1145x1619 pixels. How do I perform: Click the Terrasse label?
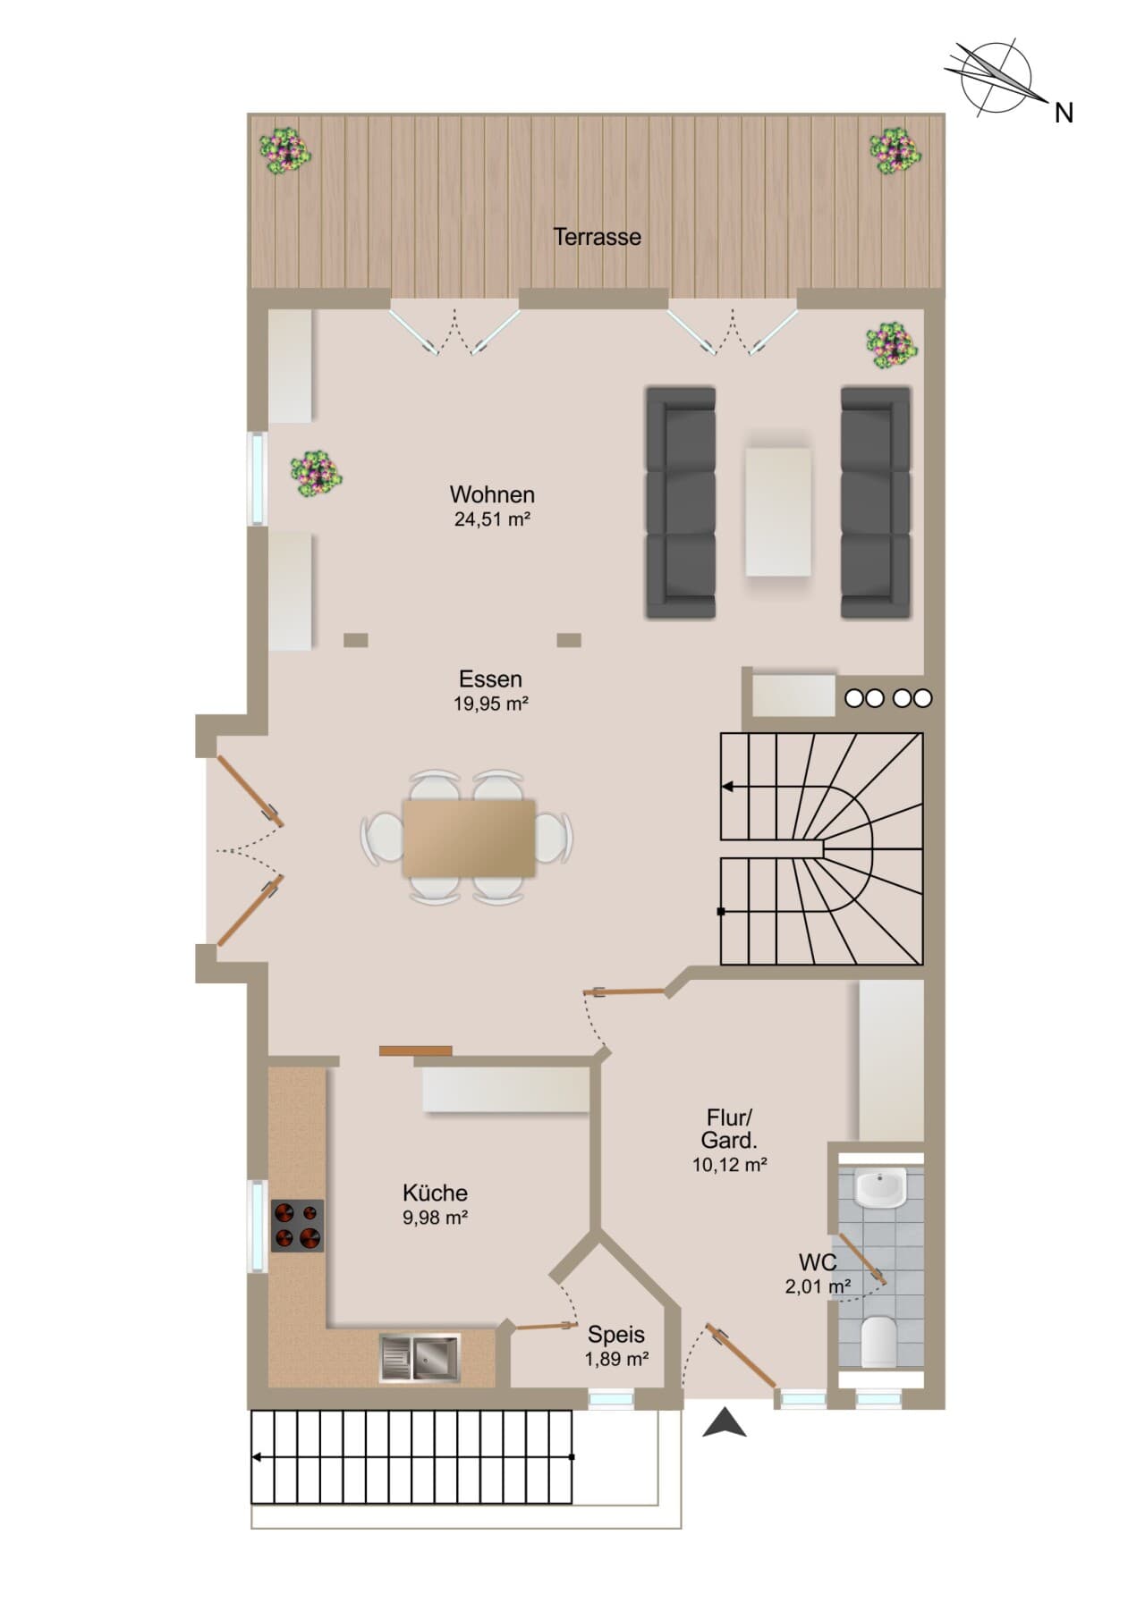pos(597,237)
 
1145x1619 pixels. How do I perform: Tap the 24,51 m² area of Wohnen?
pos(492,519)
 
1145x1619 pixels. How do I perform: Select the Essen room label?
pos(490,679)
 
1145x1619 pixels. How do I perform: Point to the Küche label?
pos(435,1193)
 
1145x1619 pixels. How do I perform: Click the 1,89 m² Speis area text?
pos(616,1359)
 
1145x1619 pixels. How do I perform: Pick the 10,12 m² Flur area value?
pos(729,1165)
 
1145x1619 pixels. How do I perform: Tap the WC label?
pos(818,1262)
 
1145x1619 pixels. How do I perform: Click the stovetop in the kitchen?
pos(297,1226)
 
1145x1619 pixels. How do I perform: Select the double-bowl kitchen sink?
pos(420,1358)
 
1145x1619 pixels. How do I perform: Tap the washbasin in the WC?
pos(881,1188)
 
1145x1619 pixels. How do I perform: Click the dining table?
pos(469,838)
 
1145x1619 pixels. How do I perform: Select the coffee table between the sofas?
pos(778,511)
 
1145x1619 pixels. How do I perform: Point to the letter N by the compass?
pos(1064,113)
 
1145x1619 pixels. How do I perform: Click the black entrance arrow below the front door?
pos(725,1422)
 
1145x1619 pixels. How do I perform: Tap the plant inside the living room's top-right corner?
pos(892,345)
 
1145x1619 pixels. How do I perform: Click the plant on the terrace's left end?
pos(285,151)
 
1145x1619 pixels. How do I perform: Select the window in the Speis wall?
pos(611,1399)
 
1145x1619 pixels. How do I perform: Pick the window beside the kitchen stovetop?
pos(258,1226)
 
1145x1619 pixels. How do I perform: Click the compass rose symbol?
pos(996,78)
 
